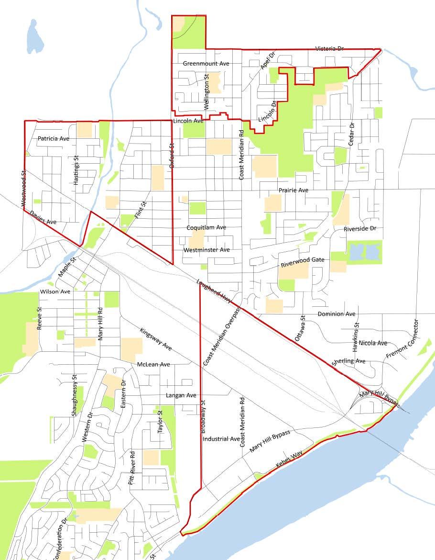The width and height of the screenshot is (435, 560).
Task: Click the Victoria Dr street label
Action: coord(329,49)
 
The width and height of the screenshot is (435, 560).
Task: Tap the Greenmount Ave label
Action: coord(207,63)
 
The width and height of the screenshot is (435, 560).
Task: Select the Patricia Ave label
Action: coord(54,138)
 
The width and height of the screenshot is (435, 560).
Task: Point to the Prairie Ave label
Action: coord(294,190)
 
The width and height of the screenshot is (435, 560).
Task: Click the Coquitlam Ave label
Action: coord(207,227)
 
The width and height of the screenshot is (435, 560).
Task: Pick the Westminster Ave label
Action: coord(207,250)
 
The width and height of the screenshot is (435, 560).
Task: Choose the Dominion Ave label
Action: coord(337,314)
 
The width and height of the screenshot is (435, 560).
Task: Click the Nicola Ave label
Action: coord(373,343)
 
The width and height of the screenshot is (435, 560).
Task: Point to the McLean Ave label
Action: coord(153,365)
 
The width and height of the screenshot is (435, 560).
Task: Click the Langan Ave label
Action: coord(181,396)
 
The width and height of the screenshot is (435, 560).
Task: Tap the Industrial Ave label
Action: coord(221,439)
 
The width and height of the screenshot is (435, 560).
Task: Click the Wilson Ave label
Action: coord(55,291)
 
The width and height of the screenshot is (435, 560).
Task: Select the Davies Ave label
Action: coord(43,218)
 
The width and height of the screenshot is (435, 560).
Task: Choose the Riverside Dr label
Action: coord(360,229)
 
